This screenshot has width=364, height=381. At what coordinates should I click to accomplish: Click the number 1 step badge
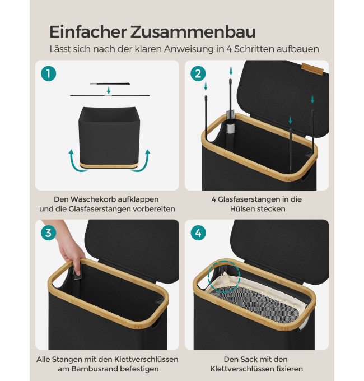tap(48, 73)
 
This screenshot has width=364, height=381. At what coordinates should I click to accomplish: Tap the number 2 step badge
tap(198, 73)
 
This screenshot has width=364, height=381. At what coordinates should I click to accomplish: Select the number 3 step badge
tap(48, 233)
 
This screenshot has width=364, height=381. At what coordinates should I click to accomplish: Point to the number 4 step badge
tap(198, 233)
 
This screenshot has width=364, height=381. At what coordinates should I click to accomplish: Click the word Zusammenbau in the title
tap(193, 31)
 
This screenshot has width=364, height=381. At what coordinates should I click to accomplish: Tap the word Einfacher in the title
tap(88, 31)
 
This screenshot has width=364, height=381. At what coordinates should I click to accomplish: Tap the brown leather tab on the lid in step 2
tap(312, 68)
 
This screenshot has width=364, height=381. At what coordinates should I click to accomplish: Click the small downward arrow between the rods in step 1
tap(109, 90)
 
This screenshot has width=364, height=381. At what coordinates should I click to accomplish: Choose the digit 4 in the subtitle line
tap(229, 49)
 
